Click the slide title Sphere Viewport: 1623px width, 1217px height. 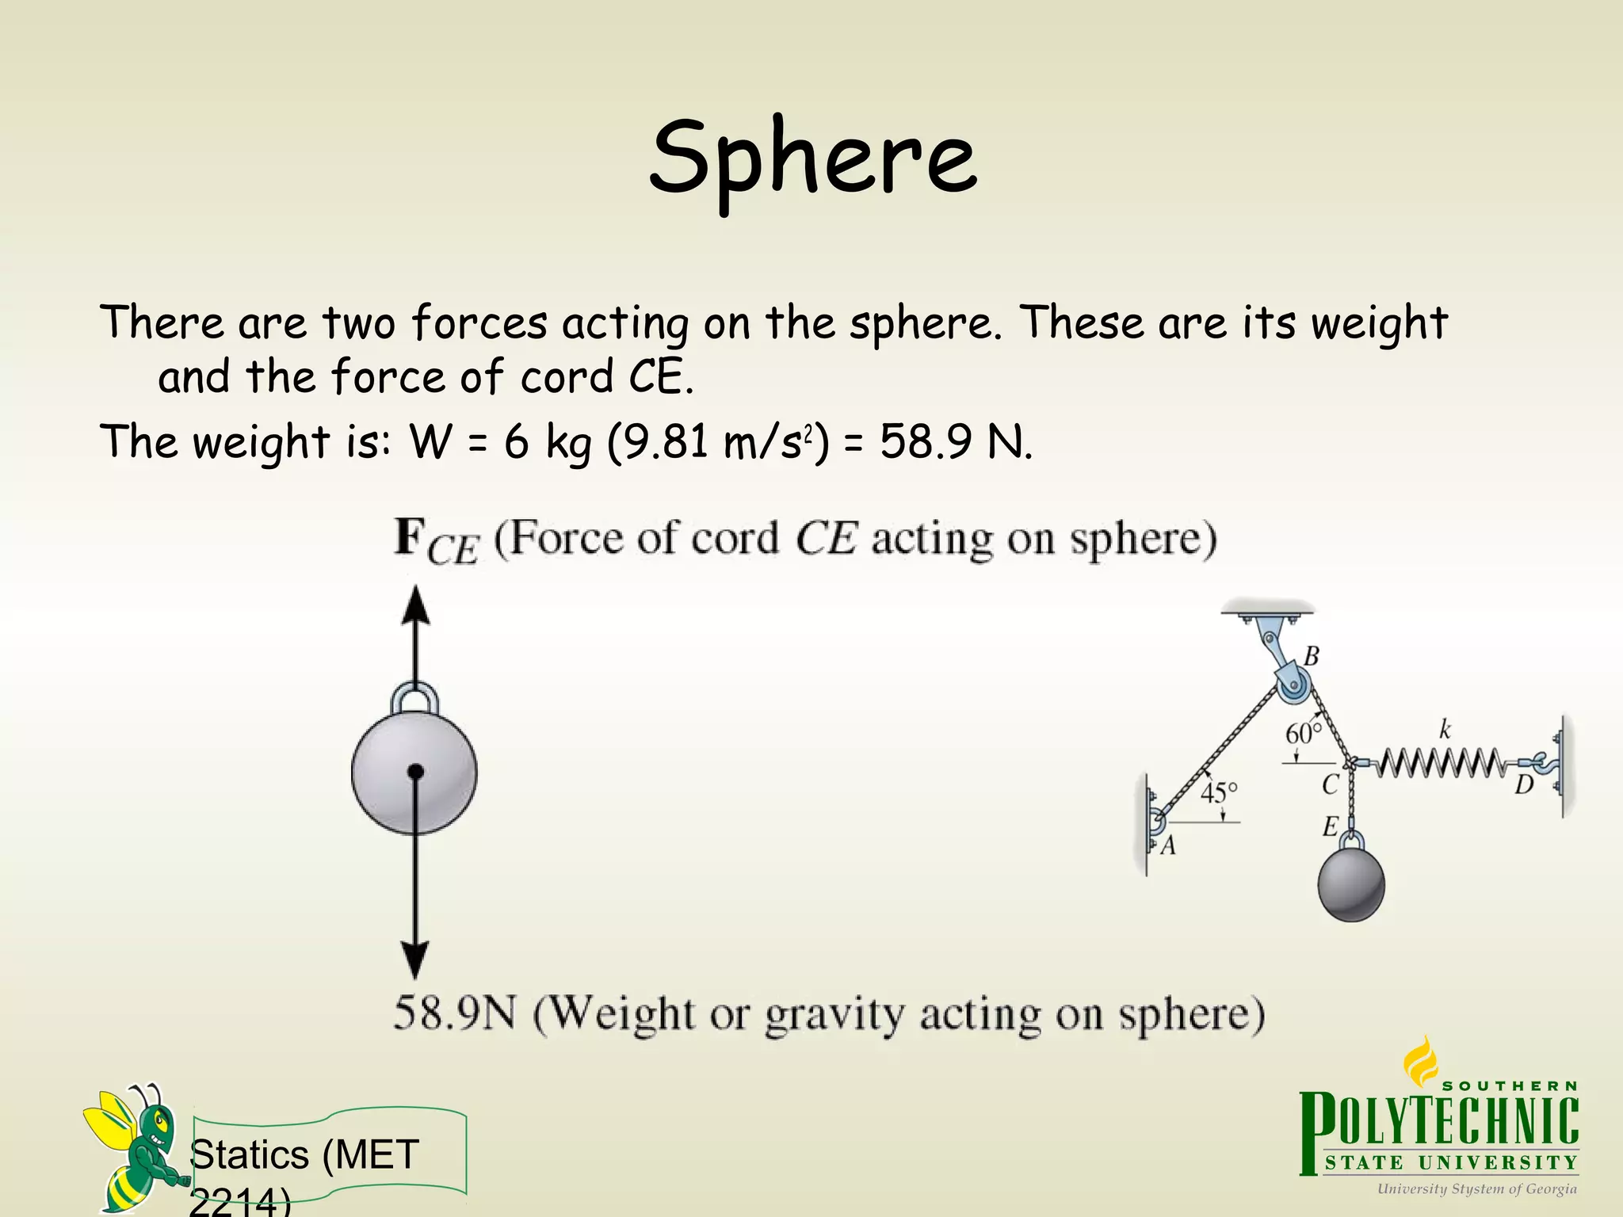[x=812, y=158]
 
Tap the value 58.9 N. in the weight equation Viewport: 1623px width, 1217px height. [x=956, y=442]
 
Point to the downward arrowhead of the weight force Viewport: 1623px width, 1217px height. [x=414, y=959]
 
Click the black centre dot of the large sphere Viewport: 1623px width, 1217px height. [x=415, y=772]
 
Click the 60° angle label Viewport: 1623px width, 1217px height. [x=1303, y=733]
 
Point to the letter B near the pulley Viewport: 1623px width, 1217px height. [x=1312, y=657]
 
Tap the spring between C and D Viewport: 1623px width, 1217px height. [x=1438, y=763]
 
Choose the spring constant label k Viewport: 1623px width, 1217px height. [x=1445, y=729]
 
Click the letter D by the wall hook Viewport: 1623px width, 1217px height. [x=1524, y=786]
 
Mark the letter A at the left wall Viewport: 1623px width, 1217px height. [x=1167, y=847]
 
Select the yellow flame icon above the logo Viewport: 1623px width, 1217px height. [x=1420, y=1062]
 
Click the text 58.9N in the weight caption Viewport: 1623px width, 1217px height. [x=454, y=1013]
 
